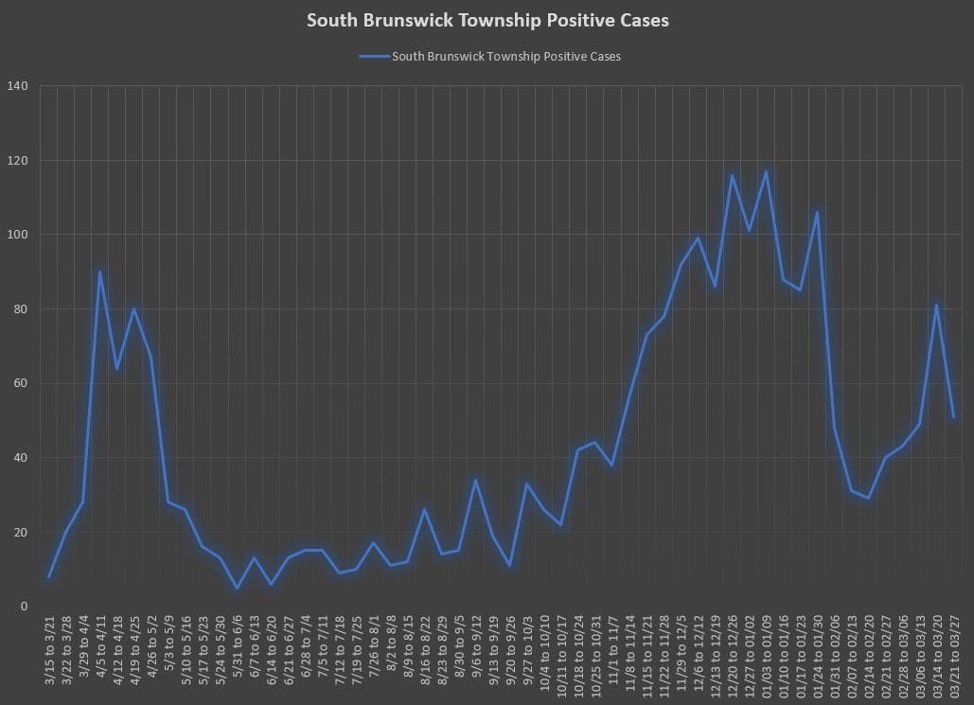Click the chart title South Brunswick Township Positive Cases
[487, 21]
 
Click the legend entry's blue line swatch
[374, 57]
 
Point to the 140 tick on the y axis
[44, 86]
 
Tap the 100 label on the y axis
[44, 235]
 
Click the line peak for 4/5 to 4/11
[100, 272]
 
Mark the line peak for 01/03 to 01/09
[766, 171]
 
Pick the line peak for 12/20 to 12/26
[732, 175]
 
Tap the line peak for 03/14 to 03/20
[936, 305]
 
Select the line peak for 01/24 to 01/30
[817, 212]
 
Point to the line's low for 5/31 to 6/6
[237, 588]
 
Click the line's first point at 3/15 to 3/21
[49, 576]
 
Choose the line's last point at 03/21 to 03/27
[953, 416]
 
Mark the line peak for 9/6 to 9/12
[476, 480]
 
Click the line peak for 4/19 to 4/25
[134, 308]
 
